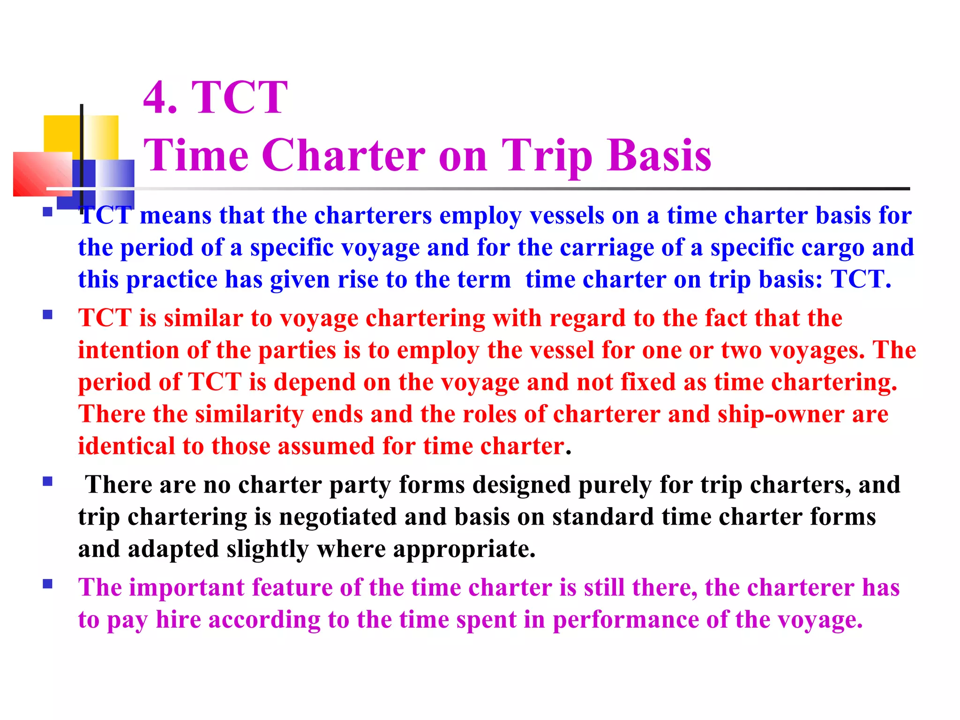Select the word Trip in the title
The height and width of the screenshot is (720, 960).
(x=547, y=156)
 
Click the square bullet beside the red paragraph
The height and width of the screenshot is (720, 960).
(x=47, y=315)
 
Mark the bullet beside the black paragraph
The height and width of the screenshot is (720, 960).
(x=47, y=481)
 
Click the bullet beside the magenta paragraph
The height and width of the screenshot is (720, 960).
(x=47, y=584)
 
